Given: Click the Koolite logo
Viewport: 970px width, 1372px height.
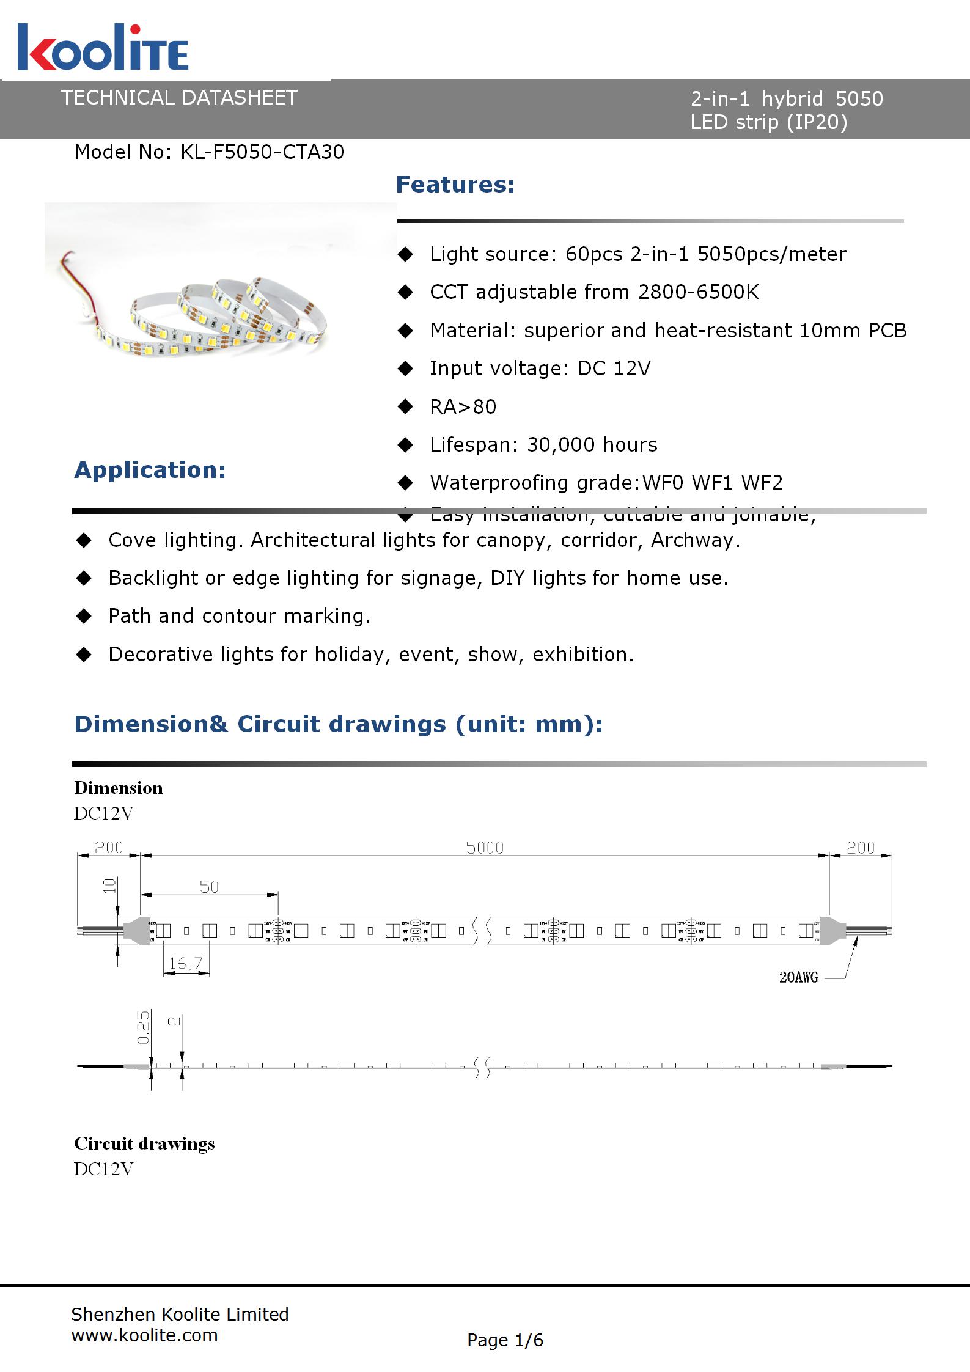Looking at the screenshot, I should (x=103, y=48).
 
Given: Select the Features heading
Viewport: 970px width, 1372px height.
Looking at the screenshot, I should (x=455, y=185).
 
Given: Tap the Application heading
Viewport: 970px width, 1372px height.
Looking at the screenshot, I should (x=150, y=470).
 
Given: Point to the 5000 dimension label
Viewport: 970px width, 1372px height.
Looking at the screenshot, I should (x=485, y=848).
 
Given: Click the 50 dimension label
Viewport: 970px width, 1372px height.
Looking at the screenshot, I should (x=209, y=887).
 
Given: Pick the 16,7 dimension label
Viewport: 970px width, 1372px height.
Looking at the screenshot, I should (x=186, y=964).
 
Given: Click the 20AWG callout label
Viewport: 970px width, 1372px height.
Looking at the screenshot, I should (x=798, y=977).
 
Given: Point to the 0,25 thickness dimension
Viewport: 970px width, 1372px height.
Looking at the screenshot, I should (x=143, y=1028).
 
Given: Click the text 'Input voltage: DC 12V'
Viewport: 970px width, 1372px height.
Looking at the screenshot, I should (x=540, y=369).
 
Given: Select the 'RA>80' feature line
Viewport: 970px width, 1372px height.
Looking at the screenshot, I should (x=463, y=407).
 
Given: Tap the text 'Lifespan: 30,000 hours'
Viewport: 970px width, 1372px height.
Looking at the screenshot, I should (x=543, y=445).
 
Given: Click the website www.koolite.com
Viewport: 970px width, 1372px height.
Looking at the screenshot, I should (x=144, y=1335).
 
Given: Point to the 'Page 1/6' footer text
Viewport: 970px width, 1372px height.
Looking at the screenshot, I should (x=505, y=1340).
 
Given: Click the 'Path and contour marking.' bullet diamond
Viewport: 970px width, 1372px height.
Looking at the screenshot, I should (x=84, y=616).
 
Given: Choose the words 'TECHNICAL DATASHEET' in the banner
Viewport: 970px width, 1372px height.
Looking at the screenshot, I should (x=179, y=98).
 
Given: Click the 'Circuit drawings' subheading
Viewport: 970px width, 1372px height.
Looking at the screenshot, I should (x=144, y=1143).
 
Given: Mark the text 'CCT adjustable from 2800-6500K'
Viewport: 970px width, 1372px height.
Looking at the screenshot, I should (x=594, y=292).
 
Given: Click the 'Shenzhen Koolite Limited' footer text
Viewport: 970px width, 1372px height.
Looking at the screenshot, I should (x=180, y=1315).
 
